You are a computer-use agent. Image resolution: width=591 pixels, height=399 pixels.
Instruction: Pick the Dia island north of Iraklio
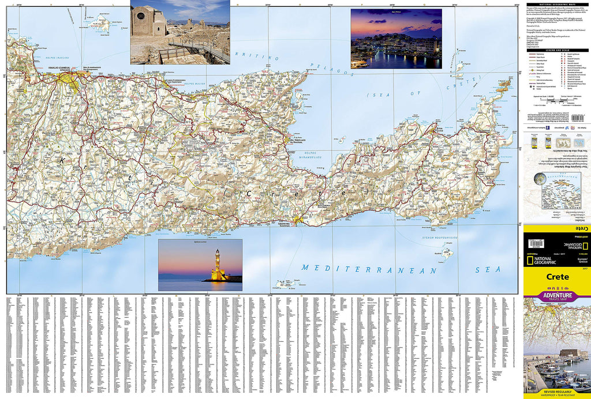click(x=100, y=24)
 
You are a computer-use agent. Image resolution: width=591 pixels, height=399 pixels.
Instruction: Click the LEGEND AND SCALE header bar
click(x=558, y=51)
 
